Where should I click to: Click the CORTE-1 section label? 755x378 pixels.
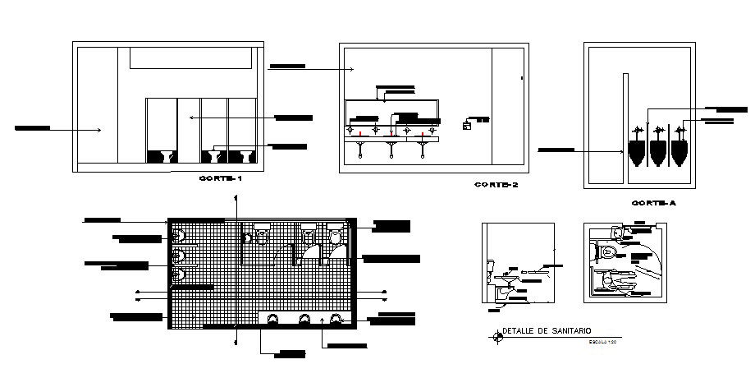point(222,178)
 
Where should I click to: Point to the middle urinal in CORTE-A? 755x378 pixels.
point(657,150)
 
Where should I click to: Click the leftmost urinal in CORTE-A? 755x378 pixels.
point(636,150)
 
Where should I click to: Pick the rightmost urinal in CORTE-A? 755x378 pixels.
point(679,150)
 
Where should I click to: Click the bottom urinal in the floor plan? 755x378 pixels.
point(181,275)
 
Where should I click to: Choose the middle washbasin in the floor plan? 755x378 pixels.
point(304,319)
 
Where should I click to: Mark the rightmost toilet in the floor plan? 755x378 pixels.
point(335,235)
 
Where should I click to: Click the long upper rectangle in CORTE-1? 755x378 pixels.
point(190,58)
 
